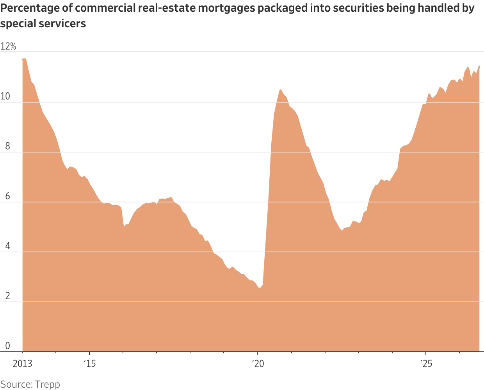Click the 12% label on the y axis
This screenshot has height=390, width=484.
coord(8,46)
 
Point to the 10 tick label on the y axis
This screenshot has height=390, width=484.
coord(5,96)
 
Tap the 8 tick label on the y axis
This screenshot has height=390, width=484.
coord(8,146)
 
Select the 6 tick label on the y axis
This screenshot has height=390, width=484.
coord(8,196)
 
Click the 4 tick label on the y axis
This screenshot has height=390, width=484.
coord(8,246)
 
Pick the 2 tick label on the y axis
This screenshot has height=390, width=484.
coord(8,296)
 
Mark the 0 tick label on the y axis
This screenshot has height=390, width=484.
coord(8,346)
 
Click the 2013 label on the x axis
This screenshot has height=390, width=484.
coord(23,364)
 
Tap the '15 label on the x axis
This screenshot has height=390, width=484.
coord(90,364)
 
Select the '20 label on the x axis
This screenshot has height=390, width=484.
coord(258,364)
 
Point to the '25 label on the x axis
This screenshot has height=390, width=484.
coord(426,364)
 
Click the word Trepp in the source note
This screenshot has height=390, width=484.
coord(48,385)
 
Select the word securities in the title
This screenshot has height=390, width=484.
coord(358,8)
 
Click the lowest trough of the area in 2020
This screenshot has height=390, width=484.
coord(260,288)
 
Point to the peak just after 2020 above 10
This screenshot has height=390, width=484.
coord(281,90)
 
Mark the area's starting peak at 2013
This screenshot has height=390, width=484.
coord(24,59)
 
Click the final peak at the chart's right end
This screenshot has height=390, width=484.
coord(479,66)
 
